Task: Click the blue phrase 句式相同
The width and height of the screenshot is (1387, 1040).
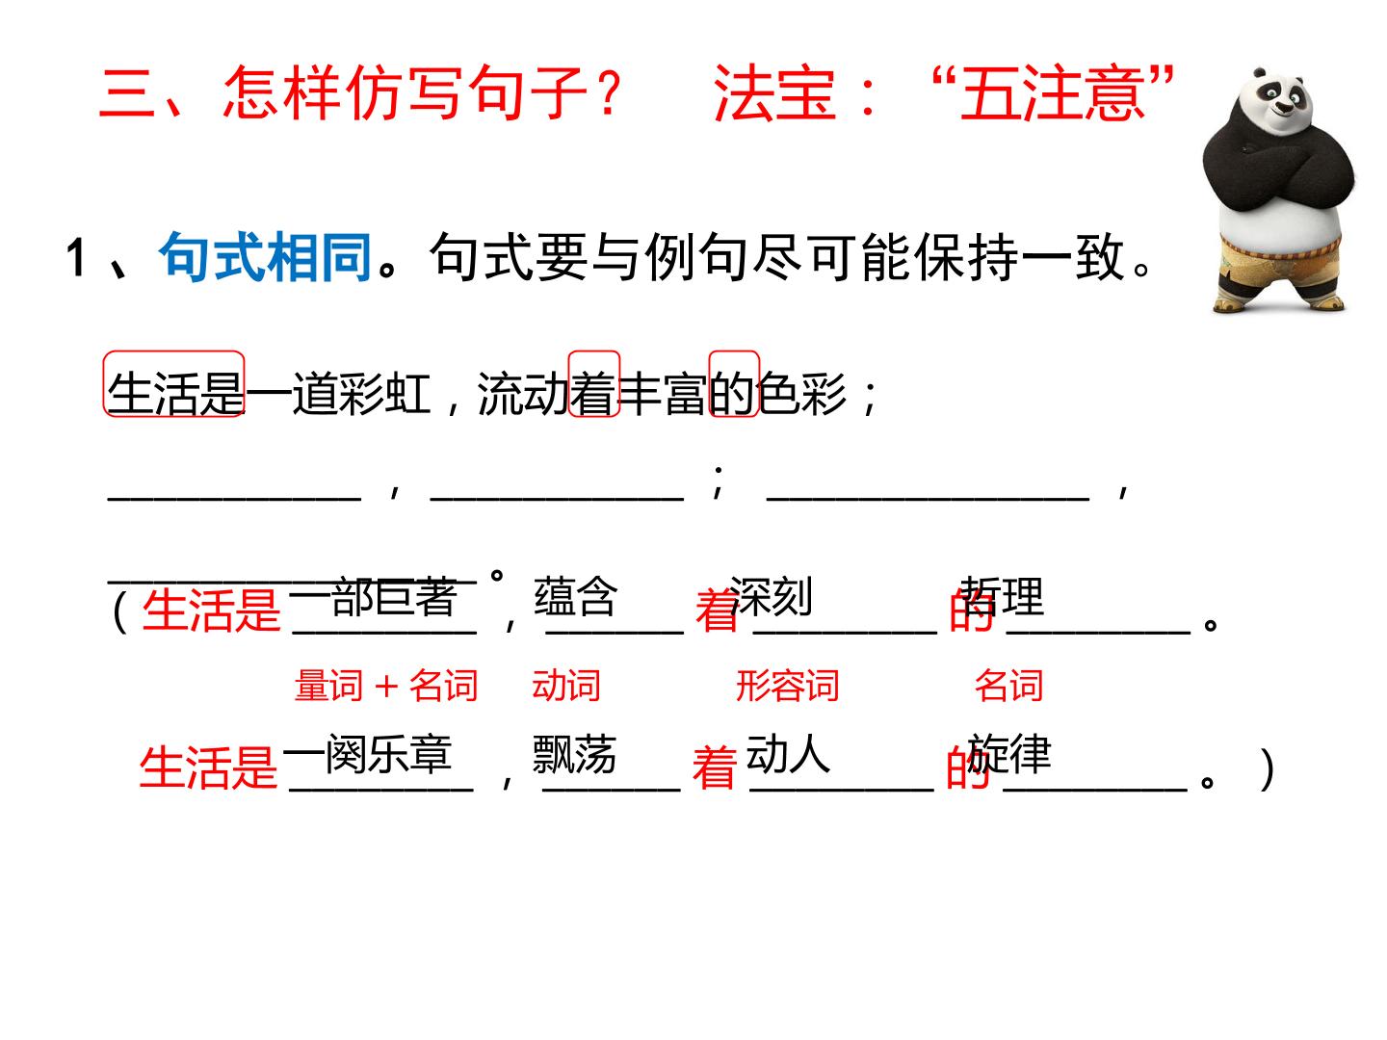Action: point(265,257)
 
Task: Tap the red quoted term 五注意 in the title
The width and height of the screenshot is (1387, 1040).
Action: point(1051,93)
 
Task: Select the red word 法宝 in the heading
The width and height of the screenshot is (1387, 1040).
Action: point(774,93)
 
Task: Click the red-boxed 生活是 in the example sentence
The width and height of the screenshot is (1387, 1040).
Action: point(174,394)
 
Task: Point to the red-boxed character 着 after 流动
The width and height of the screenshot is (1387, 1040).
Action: point(593,394)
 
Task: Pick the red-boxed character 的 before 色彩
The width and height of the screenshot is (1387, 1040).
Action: point(733,394)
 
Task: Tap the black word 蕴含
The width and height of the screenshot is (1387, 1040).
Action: point(574,596)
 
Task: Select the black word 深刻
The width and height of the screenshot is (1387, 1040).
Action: point(771,596)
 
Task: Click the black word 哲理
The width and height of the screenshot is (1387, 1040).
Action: point(1002,596)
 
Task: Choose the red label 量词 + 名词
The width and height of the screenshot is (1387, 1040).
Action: point(386,686)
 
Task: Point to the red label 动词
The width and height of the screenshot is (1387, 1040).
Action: point(565,686)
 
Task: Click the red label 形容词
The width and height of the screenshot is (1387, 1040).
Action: point(787,686)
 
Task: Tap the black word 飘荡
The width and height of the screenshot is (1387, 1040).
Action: point(574,754)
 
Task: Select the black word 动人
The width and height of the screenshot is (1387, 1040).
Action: point(787,754)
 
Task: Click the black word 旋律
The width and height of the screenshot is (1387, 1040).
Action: point(1009,754)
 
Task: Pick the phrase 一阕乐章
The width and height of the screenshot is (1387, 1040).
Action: point(367,754)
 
